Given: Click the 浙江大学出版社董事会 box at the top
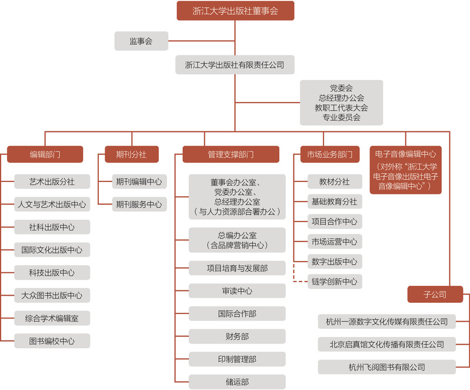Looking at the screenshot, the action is (235, 11).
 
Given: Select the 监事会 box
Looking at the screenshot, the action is (141, 41).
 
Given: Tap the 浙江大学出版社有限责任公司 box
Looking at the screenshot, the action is (235, 65).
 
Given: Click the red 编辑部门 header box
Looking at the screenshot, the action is (45, 154).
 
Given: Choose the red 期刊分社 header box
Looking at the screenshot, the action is (132, 154).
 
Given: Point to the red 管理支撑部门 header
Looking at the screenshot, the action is (231, 154).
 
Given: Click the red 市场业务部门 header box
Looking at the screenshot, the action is (330, 154).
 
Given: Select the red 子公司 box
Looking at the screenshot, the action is (435, 294).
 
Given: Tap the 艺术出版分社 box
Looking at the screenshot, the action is (52, 181).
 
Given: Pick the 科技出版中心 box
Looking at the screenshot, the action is (52, 273).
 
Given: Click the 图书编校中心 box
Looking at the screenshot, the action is (52, 341).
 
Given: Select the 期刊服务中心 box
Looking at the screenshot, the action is (139, 204).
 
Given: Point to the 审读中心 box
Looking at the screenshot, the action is (237, 291).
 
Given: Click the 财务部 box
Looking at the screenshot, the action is (237, 336).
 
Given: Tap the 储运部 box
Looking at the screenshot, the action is (237, 382).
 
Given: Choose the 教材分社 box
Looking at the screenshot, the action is (335, 181).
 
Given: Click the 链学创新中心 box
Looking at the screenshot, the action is (335, 282).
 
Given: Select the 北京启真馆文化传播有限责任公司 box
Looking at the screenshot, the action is (386, 345).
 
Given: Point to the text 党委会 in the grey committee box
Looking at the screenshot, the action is (341, 88).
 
